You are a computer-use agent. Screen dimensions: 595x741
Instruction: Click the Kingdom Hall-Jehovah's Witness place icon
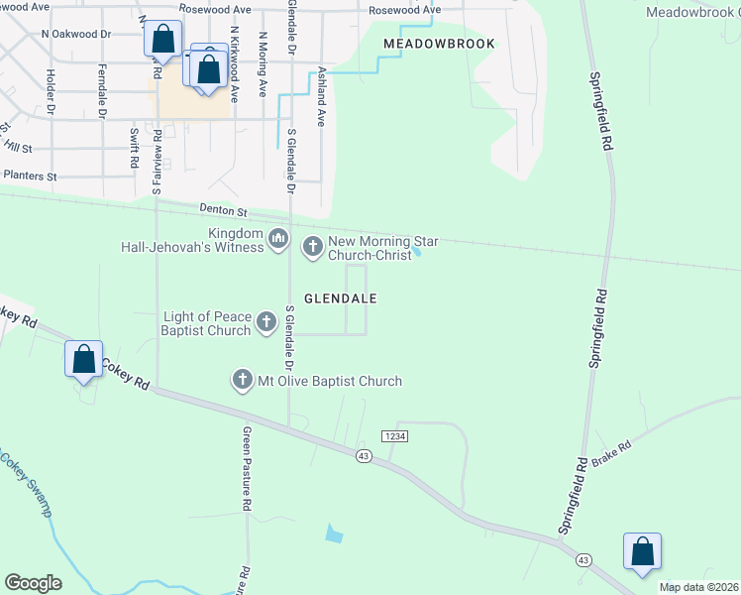(278, 238)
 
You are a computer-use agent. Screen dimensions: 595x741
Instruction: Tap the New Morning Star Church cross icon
(313, 245)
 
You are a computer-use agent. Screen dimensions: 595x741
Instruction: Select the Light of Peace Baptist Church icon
(266, 320)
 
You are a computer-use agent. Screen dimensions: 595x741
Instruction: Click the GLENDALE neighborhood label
(339, 297)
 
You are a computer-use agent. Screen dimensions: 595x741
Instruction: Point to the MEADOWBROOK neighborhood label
(439, 45)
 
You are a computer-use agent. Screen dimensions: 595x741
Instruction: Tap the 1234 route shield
(395, 435)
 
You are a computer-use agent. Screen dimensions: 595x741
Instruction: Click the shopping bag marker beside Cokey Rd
(84, 359)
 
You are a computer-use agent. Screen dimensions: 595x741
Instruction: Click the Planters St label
(31, 176)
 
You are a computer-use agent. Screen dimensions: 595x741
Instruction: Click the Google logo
(33, 583)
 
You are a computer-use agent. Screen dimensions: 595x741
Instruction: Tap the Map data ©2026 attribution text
(699, 587)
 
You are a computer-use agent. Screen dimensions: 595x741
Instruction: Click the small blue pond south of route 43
(334, 534)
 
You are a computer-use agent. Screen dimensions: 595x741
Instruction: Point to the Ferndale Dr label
(102, 91)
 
